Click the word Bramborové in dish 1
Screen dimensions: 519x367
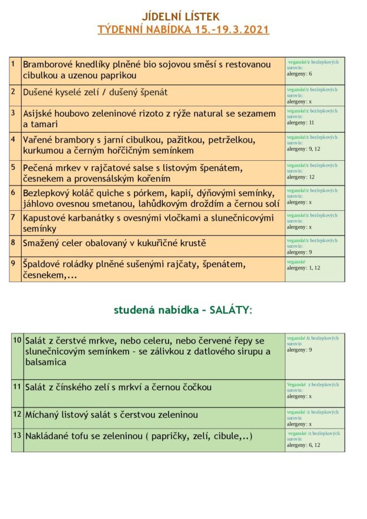click(x=49, y=63)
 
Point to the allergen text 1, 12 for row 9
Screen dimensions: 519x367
click(x=314, y=268)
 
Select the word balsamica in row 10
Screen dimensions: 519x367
click(x=45, y=362)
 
